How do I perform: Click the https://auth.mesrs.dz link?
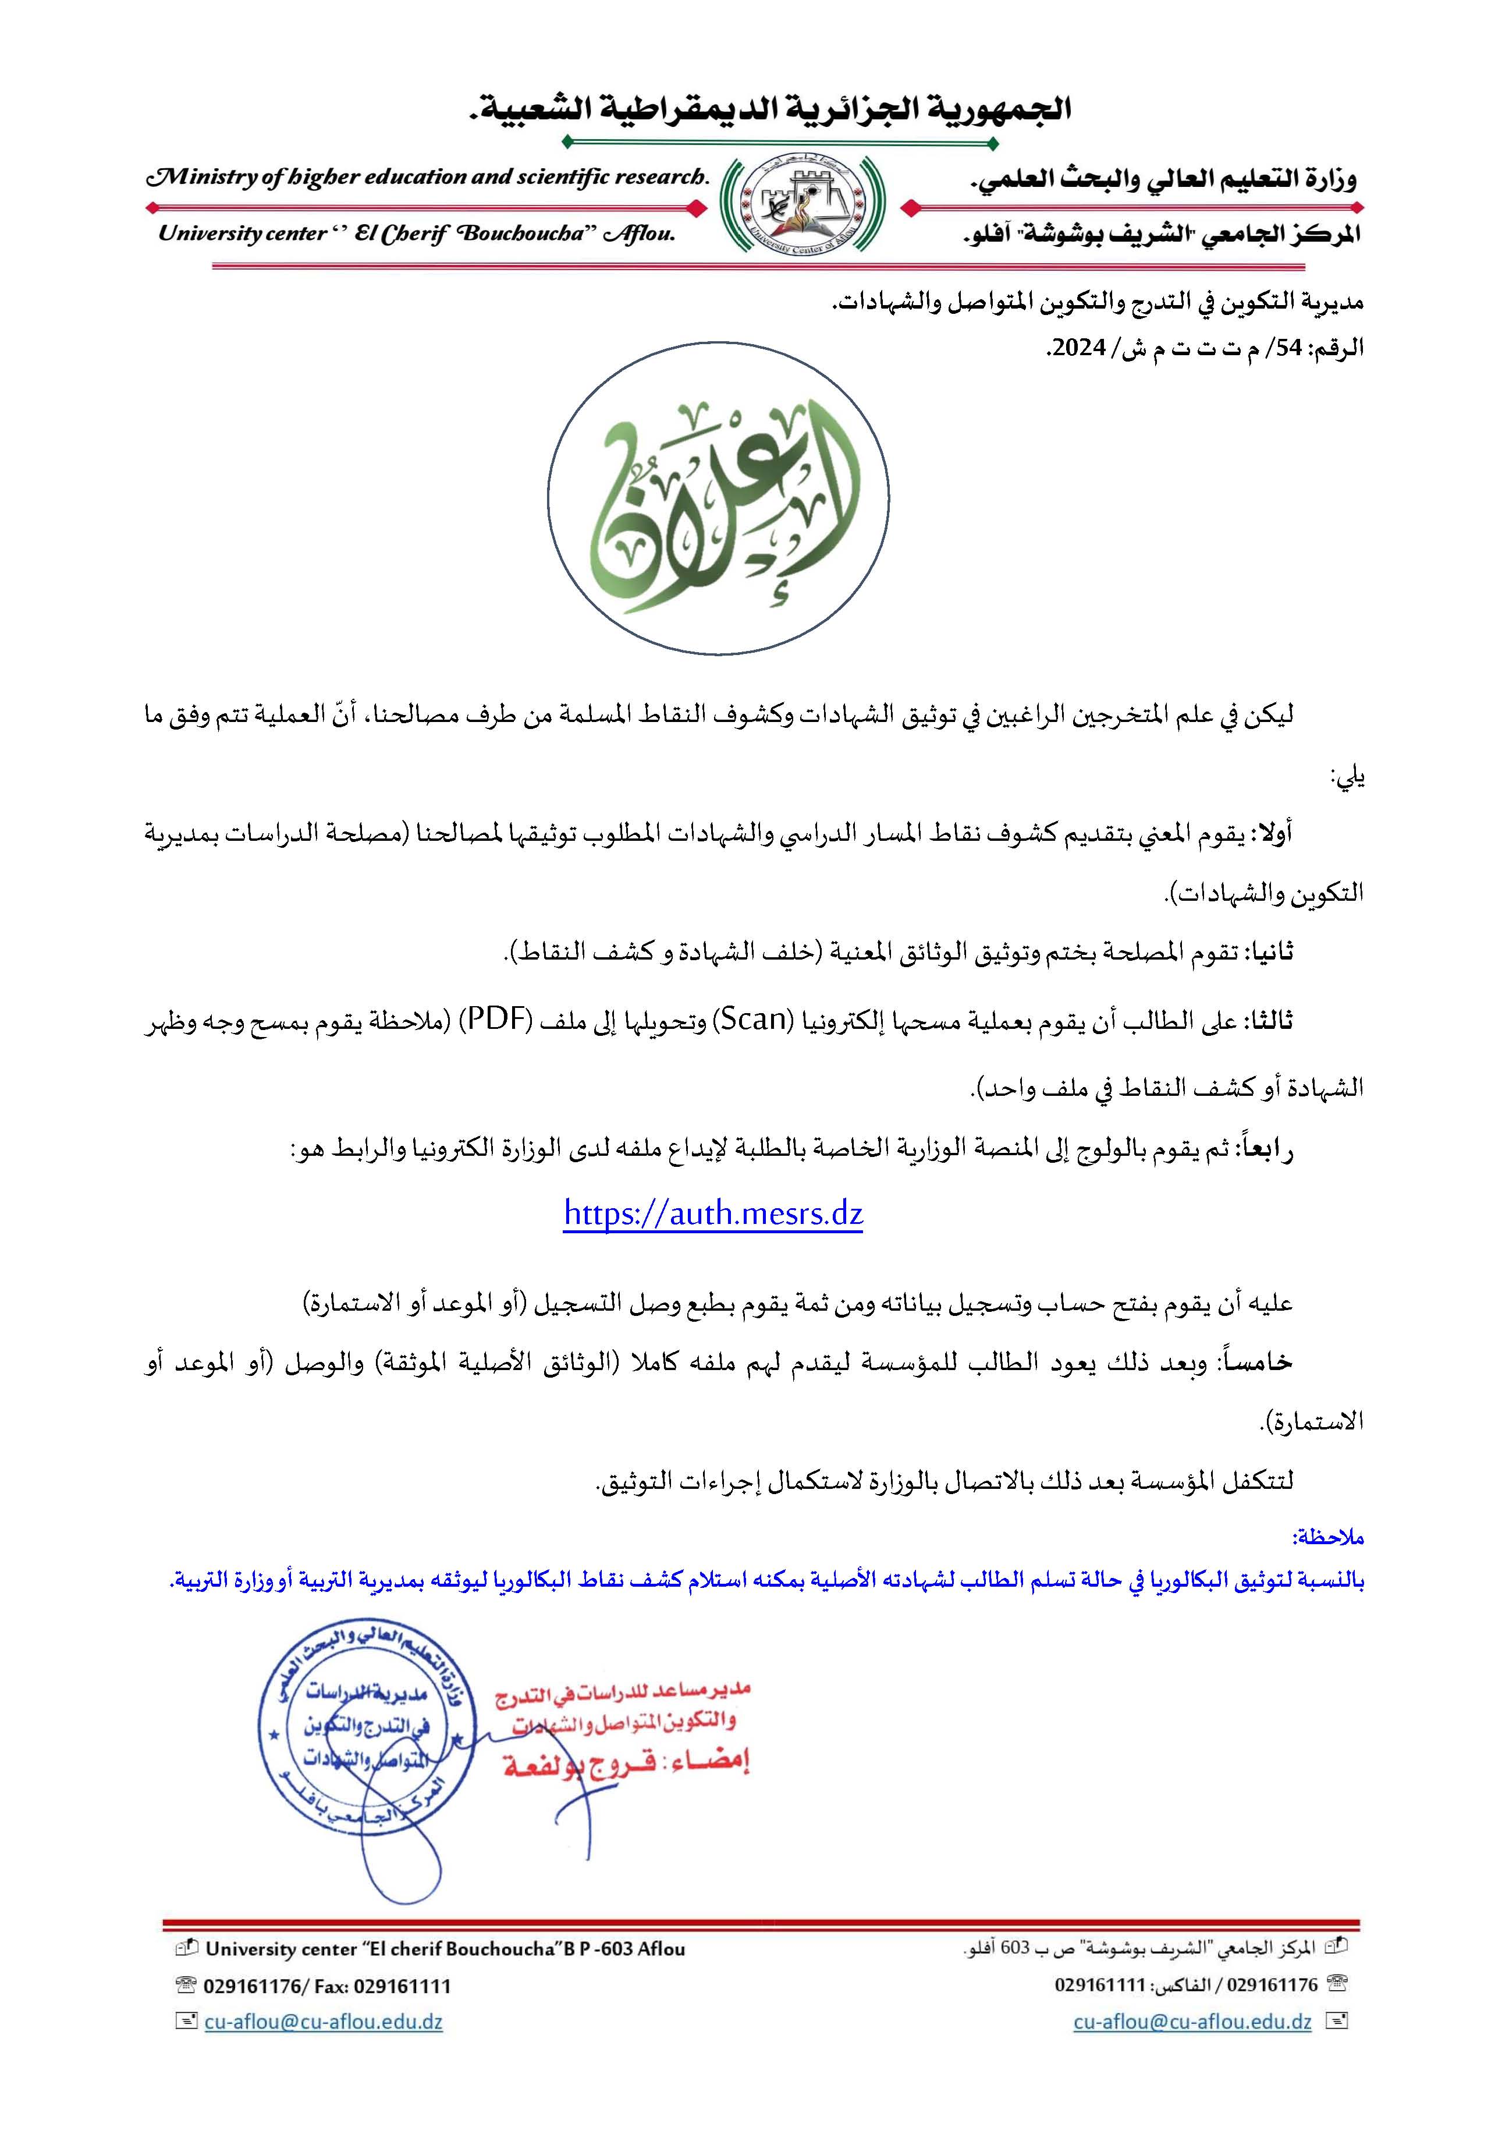point(713,1214)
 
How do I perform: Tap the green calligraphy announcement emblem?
point(718,499)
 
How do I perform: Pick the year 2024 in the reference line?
point(1078,349)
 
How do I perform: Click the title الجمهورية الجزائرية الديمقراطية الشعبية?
point(771,109)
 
